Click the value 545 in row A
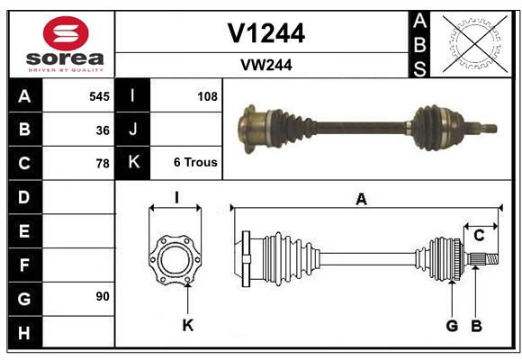[x=99, y=95]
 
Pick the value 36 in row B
[x=103, y=130]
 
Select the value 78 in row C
[x=103, y=164]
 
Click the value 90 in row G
[x=103, y=296]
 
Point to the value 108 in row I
[x=207, y=95]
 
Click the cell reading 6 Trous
[x=195, y=163]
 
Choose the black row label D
[x=24, y=196]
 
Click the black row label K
[x=133, y=163]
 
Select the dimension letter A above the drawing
[x=361, y=200]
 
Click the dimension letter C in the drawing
[x=480, y=236]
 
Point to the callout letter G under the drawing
[x=452, y=326]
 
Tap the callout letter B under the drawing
[x=477, y=326]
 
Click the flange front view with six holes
[x=175, y=259]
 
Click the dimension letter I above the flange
[x=176, y=198]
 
